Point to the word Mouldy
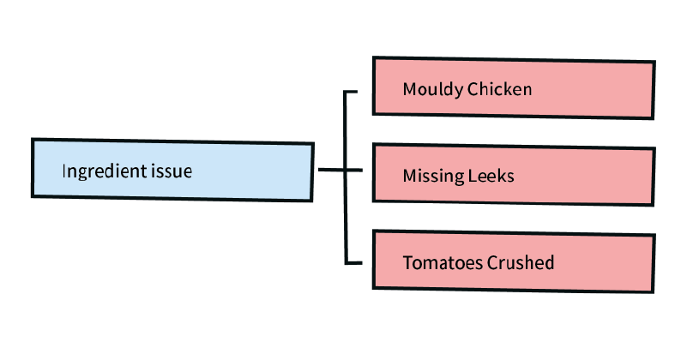[x=432, y=90]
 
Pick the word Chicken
[x=500, y=89]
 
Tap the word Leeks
[x=491, y=176]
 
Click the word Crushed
[x=521, y=262]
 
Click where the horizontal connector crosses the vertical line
[x=345, y=170]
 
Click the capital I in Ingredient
[x=63, y=171]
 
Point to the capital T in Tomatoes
[x=407, y=262]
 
